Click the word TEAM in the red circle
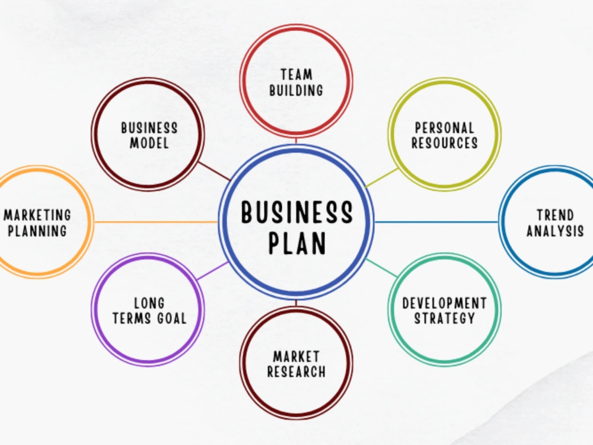[x=296, y=75]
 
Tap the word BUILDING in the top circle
[x=296, y=90]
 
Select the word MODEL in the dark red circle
[x=149, y=143]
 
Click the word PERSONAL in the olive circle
[x=444, y=128]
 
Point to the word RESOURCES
[x=444, y=143]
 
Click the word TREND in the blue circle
[x=555, y=215]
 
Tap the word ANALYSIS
[x=555, y=231]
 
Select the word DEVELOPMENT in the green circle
[x=444, y=303]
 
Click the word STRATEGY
[x=444, y=318]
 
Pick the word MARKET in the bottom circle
[x=296, y=357]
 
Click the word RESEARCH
[x=296, y=371]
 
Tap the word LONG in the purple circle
[x=149, y=303]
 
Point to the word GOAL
[x=172, y=318]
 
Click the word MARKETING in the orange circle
[x=37, y=215]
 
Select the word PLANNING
[x=37, y=231]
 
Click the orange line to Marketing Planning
[x=156, y=222]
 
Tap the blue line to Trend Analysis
[x=436, y=222]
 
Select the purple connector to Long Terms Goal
[x=212, y=270]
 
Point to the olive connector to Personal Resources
[x=381, y=177]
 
